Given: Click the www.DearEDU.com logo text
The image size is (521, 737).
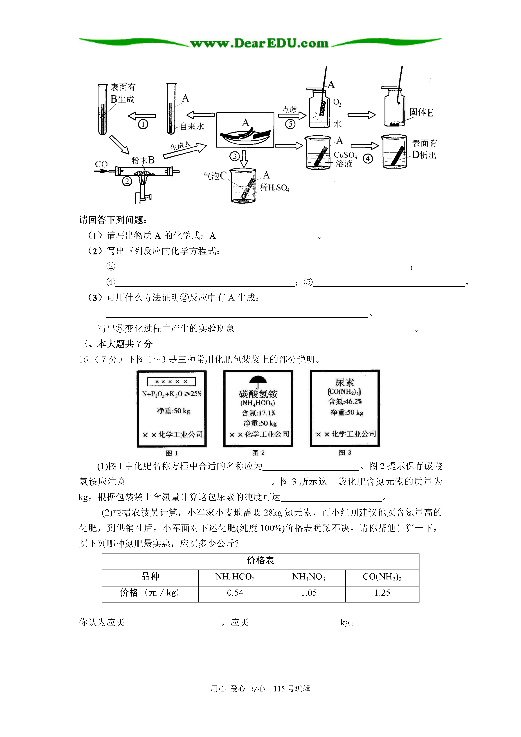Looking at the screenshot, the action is tap(259, 43).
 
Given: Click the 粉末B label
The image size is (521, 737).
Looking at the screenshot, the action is tap(143, 160).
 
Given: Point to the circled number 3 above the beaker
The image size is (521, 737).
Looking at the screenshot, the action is tap(235, 156).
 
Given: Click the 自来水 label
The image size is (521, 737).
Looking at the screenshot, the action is tap(192, 126).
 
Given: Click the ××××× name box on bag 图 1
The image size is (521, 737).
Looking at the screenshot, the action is tap(171, 381).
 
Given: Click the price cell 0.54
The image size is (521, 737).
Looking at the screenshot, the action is tap(235, 593).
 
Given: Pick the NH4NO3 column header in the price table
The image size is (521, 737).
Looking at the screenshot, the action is tap(309, 577).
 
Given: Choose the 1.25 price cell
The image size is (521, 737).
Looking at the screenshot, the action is tap(382, 593).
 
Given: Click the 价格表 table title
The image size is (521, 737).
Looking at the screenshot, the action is tap(260, 561).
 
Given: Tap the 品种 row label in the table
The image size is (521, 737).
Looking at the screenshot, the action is tap(150, 577).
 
